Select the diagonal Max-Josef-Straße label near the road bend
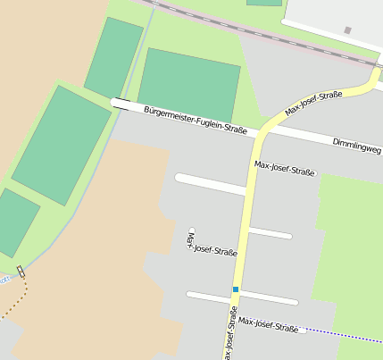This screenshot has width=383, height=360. [314, 105]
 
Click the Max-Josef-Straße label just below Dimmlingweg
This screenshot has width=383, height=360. [285, 167]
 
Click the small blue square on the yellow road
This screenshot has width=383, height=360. [236, 289]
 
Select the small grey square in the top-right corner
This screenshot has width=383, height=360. [347, 30]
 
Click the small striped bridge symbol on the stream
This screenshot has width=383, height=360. [21, 271]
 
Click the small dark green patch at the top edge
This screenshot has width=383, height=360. [264, 3]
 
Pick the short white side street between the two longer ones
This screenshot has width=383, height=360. [270, 234]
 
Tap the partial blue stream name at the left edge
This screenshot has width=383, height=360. [4, 279]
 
